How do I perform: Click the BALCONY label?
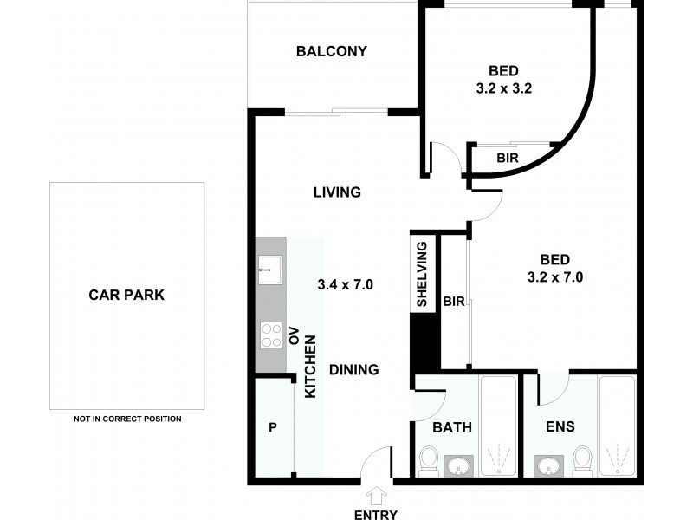332,51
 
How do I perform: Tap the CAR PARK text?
126,295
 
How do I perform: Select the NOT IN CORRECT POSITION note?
127,419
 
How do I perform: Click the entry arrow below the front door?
376,495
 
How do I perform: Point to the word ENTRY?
376,514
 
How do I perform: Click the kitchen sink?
269,270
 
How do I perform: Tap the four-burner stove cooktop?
271,335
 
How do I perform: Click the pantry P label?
273,427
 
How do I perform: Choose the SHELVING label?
422,275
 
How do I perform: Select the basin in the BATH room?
458,465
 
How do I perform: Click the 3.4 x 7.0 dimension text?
345,283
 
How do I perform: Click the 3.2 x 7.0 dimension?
554,277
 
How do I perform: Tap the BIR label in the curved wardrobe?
508,159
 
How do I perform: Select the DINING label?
353,369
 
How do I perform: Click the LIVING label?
336,192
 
